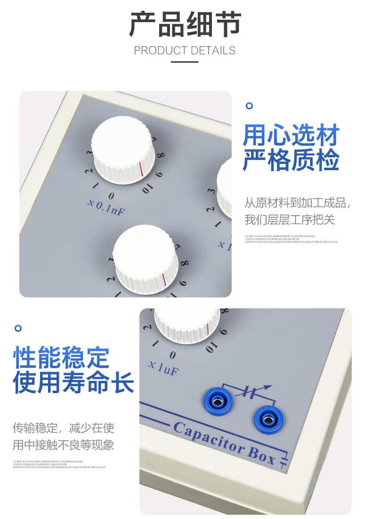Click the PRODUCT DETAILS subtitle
coord(185,50)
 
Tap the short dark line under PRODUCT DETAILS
coord(185,62)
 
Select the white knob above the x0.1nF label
coord(123,148)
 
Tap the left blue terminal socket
coord(217,402)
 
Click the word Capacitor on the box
coord(208,436)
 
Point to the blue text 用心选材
coord(291,136)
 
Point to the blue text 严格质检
coord(291,160)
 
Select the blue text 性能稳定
coord(61,358)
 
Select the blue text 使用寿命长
coord(73,382)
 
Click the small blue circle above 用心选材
coord(250,106)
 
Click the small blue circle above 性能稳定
coord(18,328)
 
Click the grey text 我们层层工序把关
coord(290,220)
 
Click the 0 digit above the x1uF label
coord(173,355)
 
